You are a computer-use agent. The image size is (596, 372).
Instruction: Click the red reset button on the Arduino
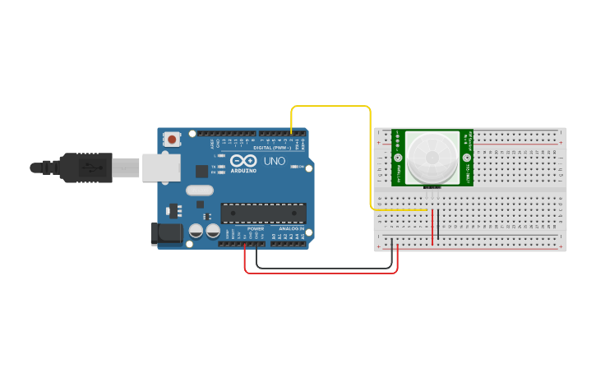[x=172, y=140]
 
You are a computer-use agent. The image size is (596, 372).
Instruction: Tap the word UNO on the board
[x=274, y=161]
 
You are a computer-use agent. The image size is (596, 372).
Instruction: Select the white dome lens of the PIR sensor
[x=432, y=157]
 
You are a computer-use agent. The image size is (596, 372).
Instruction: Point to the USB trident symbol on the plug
[x=85, y=168]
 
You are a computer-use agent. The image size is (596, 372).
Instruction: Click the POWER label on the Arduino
[x=256, y=229]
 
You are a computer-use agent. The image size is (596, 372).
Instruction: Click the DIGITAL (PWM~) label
[x=273, y=147]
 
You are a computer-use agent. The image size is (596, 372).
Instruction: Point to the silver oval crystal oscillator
[x=200, y=191]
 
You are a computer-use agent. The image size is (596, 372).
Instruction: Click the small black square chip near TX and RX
[x=201, y=171]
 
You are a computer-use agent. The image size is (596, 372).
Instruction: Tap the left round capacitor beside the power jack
[x=196, y=232]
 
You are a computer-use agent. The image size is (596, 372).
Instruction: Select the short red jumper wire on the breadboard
[x=432, y=227]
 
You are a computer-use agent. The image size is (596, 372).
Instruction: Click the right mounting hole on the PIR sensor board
[x=467, y=157]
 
